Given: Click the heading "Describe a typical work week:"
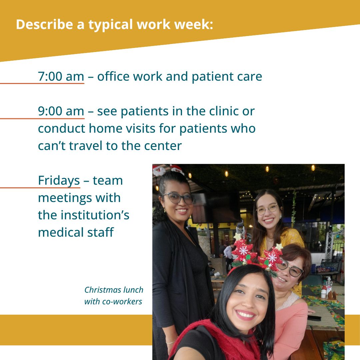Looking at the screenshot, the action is coord(114,25).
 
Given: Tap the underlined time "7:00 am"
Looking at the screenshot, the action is coord(61,76).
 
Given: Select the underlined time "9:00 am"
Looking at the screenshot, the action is coord(61,111).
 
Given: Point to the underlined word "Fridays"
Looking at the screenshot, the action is coord(59,181).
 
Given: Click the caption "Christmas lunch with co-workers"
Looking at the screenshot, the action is coord(114,295).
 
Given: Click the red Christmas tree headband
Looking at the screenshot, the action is coord(256,255).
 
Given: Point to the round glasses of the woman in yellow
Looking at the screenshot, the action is coord(267,209).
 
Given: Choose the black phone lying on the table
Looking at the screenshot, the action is coord(314,318).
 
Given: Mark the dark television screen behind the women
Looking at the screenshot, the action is coord(215,208).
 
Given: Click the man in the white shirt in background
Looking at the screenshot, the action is coord(229,256).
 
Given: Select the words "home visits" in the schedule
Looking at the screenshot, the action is coord(122,128).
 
